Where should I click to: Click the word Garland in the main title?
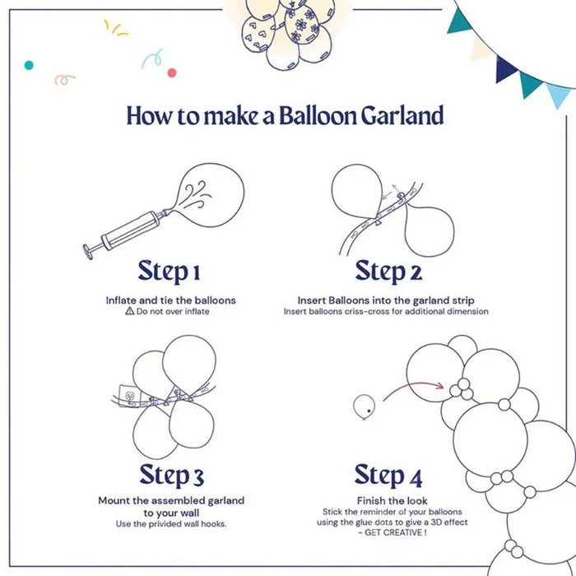[x=402, y=115]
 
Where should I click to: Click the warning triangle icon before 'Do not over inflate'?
[x=129, y=312]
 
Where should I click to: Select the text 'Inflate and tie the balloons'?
[x=170, y=300]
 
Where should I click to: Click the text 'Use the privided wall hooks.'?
[x=171, y=524]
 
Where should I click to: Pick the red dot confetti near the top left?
[x=172, y=72]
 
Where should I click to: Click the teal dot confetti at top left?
[x=29, y=64]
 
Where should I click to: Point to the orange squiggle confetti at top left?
[x=64, y=79]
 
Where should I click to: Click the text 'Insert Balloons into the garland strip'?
[x=385, y=300]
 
